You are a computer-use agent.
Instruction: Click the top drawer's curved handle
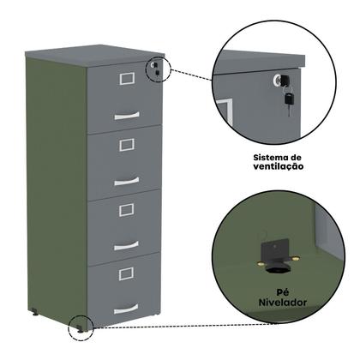click(127, 116)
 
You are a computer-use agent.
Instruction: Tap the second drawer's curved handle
click(127, 181)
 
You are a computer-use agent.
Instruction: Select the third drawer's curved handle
click(126, 246)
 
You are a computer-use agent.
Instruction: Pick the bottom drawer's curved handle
click(126, 309)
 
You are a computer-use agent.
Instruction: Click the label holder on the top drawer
click(127, 79)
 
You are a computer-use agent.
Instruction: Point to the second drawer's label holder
click(127, 145)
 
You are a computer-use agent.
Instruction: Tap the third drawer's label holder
click(127, 210)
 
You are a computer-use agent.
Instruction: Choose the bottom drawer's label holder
click(126, 274)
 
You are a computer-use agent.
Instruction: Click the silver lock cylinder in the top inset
click(278, 79)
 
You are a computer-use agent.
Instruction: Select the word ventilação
click(279, 166)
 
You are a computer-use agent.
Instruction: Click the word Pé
click(283, 292)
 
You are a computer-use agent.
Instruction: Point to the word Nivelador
click(283, 303)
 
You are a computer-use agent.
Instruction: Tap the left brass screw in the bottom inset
click(261, 263)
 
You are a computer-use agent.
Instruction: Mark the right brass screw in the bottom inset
click(297, 258)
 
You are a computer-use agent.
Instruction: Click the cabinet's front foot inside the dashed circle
click(80, 329)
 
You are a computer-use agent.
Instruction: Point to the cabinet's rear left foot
click(35, 312)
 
